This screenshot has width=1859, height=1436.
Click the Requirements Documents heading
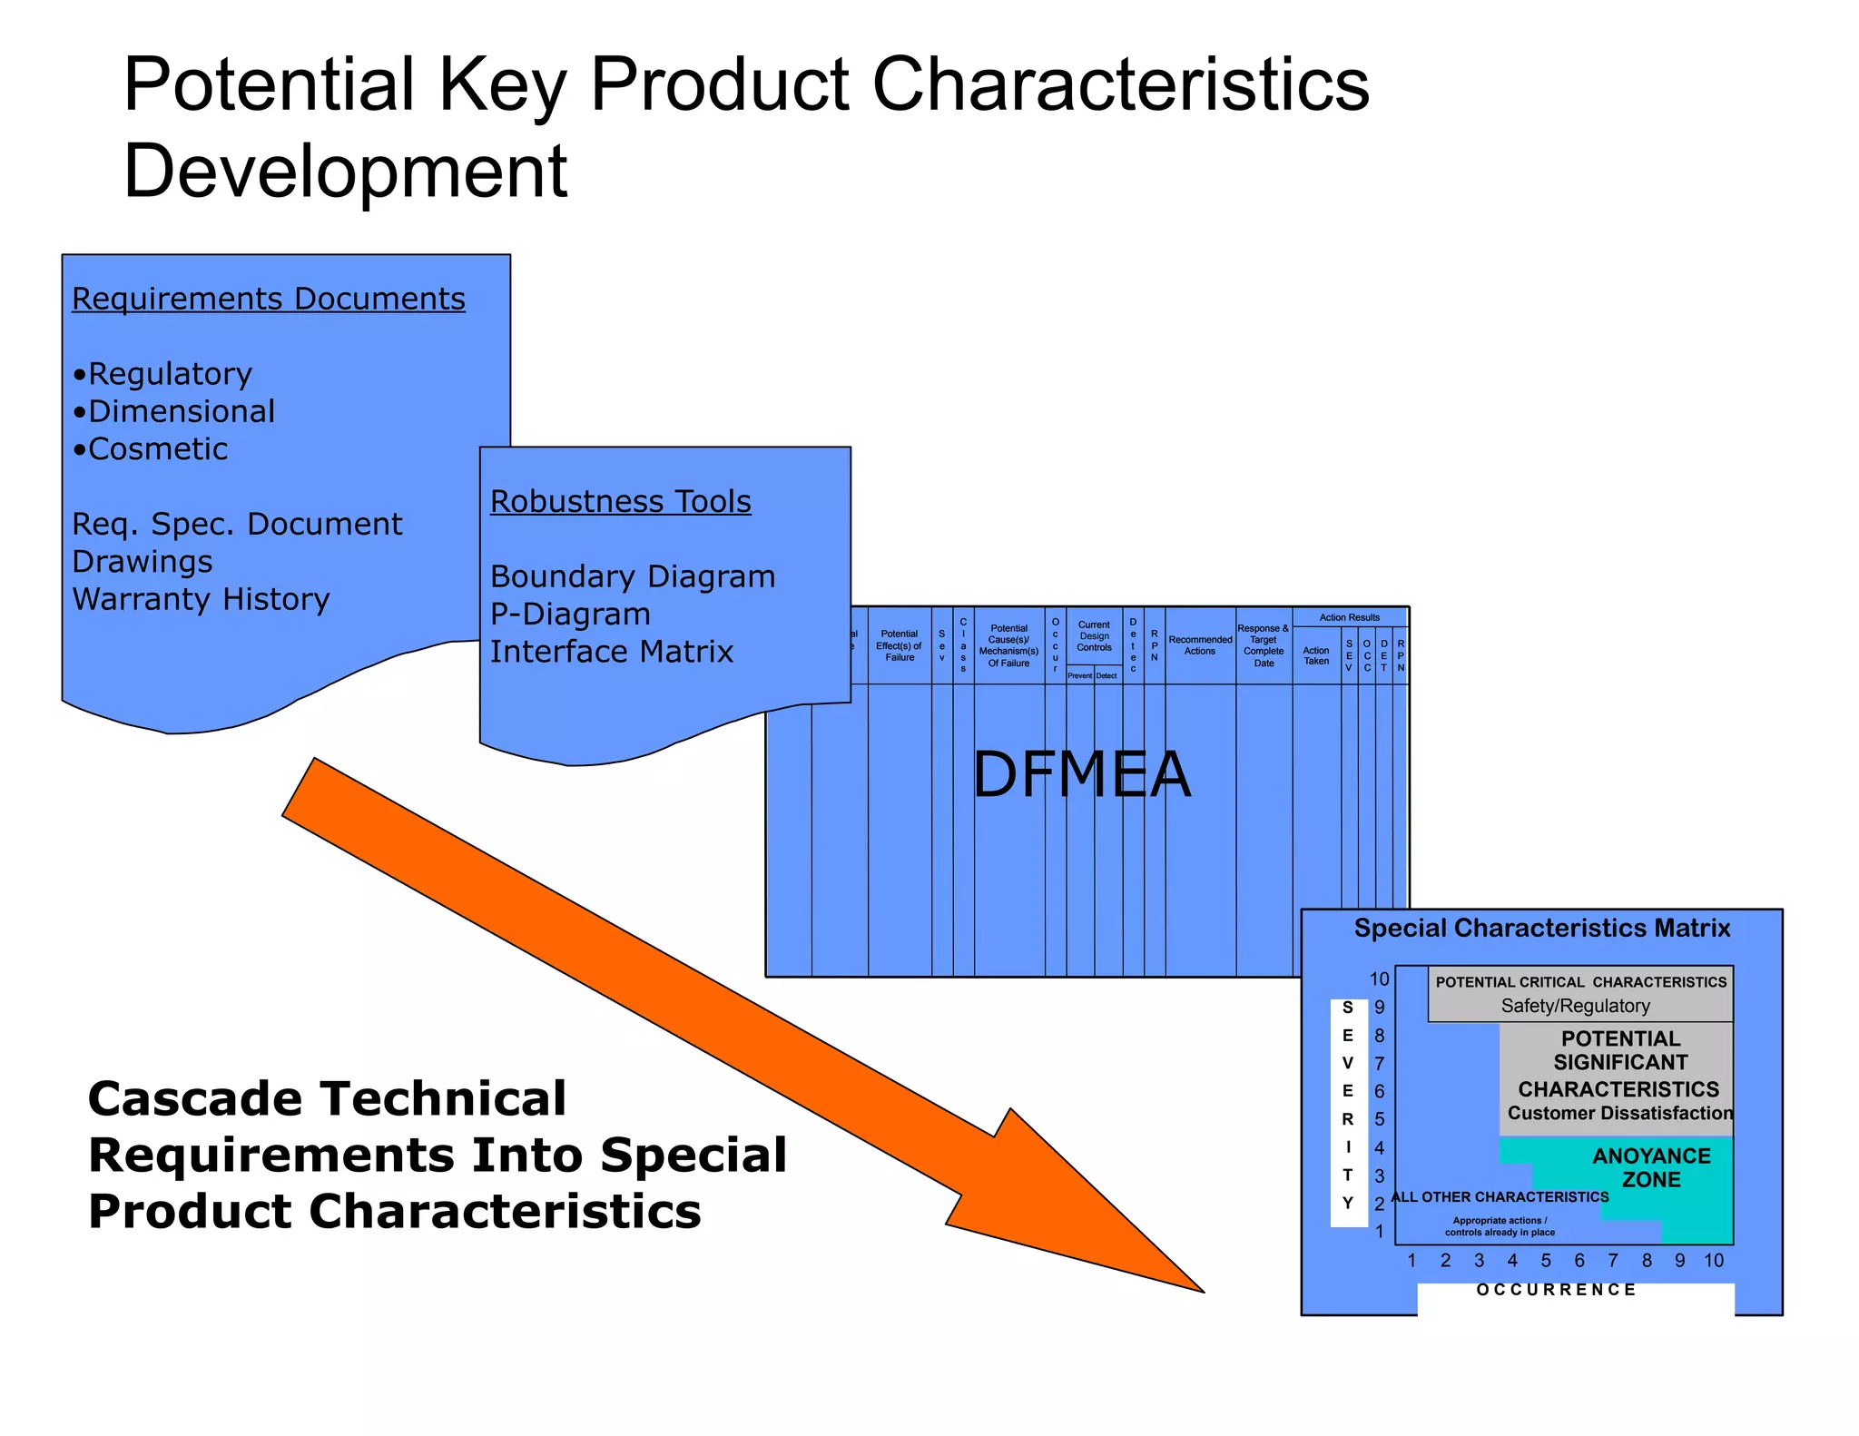pos(268,299)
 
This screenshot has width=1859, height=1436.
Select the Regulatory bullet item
pos(163,374)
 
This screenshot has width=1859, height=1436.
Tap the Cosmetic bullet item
pos(151,449)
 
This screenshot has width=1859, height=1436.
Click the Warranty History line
pos(201,599)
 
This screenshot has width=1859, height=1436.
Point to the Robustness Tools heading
pos(620,501)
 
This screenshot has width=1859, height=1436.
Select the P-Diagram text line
pos(570,615)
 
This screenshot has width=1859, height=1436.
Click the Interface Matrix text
pos(611,652)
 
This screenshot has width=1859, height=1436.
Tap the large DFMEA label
pos(1080,774)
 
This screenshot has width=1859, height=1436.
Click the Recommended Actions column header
pos(1200,645)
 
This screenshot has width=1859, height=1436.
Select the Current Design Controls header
pos(1094,635)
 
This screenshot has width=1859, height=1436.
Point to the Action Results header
pos(1349,617)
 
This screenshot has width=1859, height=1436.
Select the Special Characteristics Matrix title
pos(1541,928)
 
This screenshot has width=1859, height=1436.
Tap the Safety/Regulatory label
pos(1575,1006)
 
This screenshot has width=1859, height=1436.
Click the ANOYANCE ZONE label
pos(1651,1167)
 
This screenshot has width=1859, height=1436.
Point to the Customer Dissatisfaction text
pos(1619,1113)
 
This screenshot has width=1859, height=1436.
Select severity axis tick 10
pos(1379,979)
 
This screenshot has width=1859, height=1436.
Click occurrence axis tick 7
pos(1612,1261)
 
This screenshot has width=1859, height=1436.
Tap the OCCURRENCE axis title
pos(1556,1290)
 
